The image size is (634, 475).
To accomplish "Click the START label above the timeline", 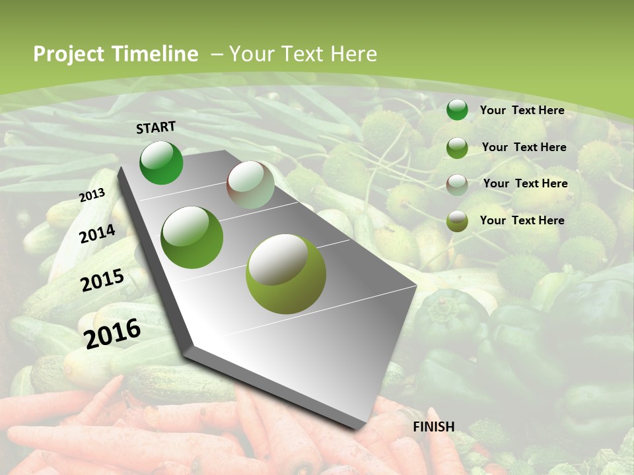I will click(156, 127).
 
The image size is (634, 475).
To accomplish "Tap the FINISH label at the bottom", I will click(433, 427).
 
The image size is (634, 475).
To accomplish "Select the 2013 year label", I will click(92, 195).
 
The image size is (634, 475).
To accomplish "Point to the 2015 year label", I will click(102, 280).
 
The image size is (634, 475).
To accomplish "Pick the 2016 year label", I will click(112, 333).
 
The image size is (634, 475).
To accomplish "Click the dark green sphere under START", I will click(161, 162).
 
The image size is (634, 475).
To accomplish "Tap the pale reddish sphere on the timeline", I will click(250, 185).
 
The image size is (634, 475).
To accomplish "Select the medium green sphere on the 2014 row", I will click(192, 237).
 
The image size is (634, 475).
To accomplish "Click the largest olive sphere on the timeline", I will click(286, 274).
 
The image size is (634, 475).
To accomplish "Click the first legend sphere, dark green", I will click(457, 110).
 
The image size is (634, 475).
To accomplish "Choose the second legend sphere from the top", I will click(457, 148).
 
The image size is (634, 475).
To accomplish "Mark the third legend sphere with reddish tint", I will click(457, 184).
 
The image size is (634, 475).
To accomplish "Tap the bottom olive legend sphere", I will click(457, 221).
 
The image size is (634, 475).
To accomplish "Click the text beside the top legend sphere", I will click(522, 110).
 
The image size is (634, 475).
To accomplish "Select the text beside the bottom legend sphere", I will click(522, 220).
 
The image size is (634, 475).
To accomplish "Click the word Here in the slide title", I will click(353, 54).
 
